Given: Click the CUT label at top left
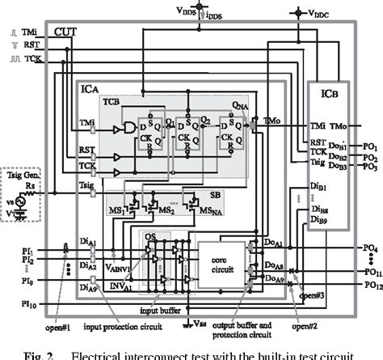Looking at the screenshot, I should point(66,30).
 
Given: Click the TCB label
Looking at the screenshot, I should point(112,103).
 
